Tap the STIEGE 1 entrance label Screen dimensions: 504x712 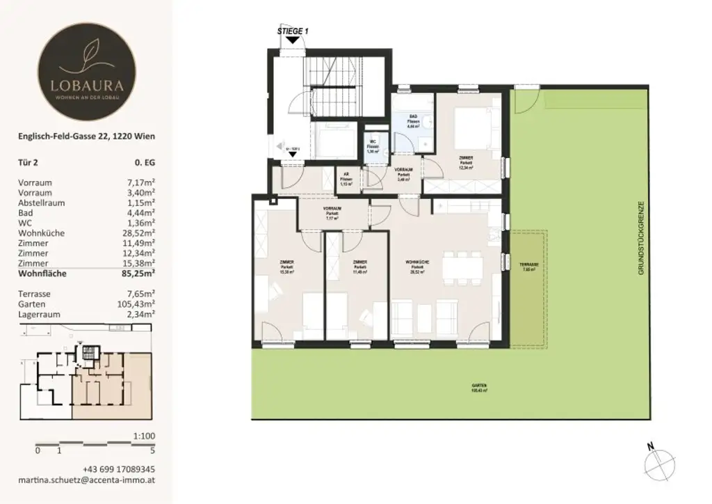point(292,31)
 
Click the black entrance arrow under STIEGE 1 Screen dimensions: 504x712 point(293,40)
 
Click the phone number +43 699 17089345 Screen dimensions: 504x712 point(119,469)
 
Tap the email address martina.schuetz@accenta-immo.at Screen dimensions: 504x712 point(86,481)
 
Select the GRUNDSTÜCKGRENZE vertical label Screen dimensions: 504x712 point(643,237)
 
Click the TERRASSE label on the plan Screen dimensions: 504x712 point(528,265)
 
